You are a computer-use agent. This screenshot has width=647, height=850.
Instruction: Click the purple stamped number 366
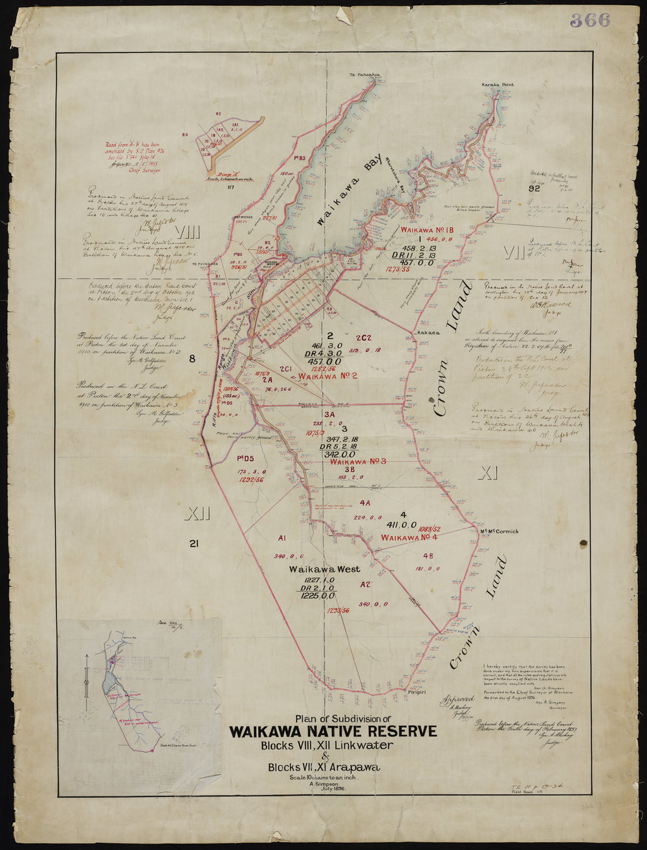pos(590,20)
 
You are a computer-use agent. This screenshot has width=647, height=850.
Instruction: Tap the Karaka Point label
pos(496,85)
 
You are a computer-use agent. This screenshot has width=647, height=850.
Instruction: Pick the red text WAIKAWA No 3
pos(357,462)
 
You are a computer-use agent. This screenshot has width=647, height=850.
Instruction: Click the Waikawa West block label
pos(316,569)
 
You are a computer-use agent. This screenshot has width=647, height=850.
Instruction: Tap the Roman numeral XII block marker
pos(197,515)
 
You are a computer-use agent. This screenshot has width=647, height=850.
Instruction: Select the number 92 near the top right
pos(534,190)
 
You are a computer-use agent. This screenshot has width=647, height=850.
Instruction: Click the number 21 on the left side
pos(193,544)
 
